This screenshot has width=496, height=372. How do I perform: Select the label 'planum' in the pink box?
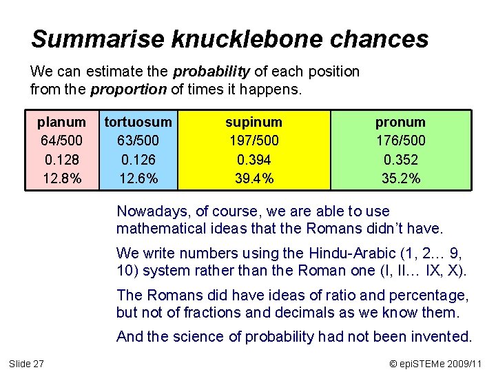pos(61,122)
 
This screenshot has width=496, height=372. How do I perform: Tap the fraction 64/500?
pos(61,141)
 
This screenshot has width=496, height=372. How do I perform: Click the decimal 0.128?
pos(61,159)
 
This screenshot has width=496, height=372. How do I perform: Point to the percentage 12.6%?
pos(138,178)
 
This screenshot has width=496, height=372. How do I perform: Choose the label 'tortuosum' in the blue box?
pos(138,122)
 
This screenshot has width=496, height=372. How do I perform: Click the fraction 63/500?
pos(138,141)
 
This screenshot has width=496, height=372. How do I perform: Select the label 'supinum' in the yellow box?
pos(254,122)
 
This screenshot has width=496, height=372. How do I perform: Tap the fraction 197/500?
pos(254,141)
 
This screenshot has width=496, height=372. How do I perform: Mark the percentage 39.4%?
pos(254,178)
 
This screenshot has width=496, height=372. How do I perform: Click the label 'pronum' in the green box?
pos(400,122)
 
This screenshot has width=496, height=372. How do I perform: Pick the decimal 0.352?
pos(400,159)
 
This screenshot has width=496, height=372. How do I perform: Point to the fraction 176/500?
pos(400,141)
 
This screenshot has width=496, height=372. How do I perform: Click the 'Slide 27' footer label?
pos(26,363)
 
